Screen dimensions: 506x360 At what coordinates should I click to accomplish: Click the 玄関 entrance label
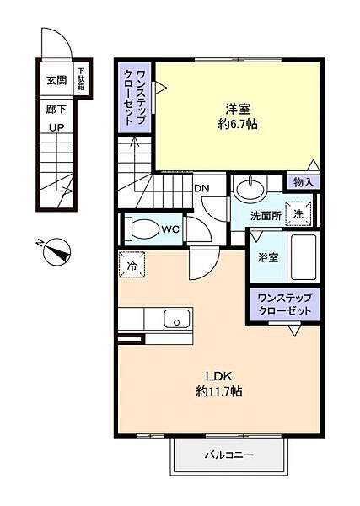click(x=56, y=81)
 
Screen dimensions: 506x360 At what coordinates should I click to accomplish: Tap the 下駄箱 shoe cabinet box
click(x=83, y=78)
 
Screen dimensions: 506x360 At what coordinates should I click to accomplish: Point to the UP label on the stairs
click(x=56, y=127)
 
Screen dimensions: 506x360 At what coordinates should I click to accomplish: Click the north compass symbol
click(x=57, y=250)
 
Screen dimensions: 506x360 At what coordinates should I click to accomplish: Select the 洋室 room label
click(x=236, y=109)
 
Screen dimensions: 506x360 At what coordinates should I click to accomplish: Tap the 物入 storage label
click(x=303, y=182)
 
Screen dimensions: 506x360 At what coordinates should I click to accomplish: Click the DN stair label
click(x=202, y=187)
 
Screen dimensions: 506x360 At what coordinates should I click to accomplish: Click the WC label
click(x=169, y=229)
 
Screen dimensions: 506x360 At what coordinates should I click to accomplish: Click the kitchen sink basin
click(x=176, y=319)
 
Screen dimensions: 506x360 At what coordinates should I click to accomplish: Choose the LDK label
click(x=219, y=376)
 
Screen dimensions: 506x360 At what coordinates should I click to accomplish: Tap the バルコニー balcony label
click(x=228, y=455)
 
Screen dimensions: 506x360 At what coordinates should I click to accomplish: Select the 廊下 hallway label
click(x=56, y=109)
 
